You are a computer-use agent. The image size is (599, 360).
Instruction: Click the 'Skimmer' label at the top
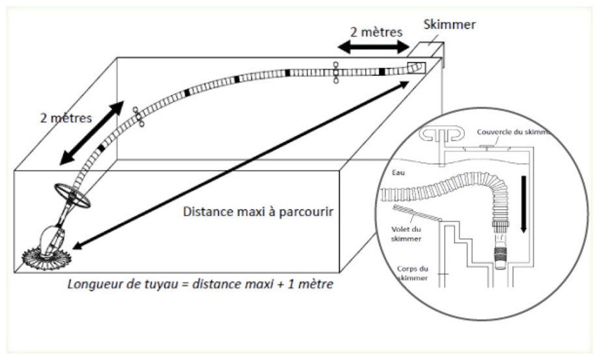(450, 25)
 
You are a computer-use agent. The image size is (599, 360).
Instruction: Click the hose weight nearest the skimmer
(335, 72)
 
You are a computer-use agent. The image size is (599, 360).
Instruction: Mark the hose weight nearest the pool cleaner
(137, 117)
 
